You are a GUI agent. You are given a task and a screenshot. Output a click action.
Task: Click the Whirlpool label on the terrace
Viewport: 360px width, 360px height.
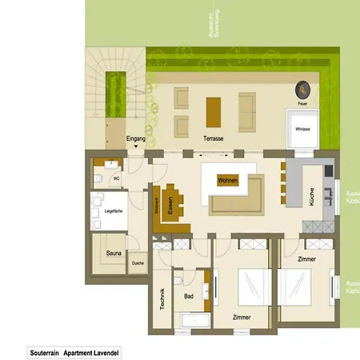(x=302, y=128)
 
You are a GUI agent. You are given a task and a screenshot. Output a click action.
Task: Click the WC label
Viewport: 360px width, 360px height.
(x=117, y=178)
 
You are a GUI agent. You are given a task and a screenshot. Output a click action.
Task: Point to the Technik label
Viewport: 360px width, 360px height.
(x=162, y=299)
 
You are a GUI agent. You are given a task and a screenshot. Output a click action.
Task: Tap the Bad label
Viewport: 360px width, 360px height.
(x=190, y=296)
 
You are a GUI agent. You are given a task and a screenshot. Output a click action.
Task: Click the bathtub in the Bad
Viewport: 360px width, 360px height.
(x=195, y=321)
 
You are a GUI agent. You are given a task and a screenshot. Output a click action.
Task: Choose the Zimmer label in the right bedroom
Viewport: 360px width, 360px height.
(x=306, y=260)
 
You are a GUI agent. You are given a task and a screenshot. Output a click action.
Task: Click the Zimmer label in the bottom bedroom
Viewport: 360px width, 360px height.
(x=242, y=318)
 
